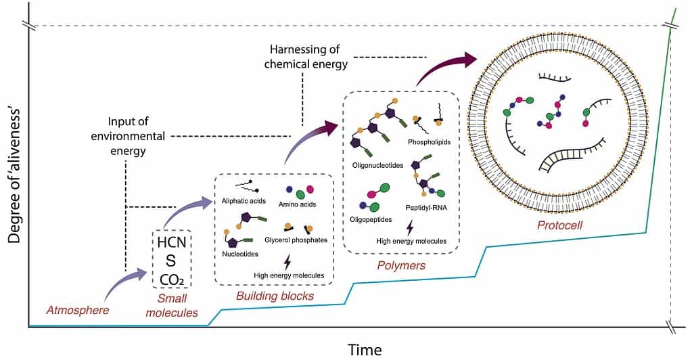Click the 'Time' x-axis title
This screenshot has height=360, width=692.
pos(365,349)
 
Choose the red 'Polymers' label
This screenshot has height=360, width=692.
pos(401,265)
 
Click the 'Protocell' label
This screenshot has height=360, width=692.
pos(560,223)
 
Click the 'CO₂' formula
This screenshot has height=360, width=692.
pos(172,277)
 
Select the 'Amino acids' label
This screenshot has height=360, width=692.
pos(297,204)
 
